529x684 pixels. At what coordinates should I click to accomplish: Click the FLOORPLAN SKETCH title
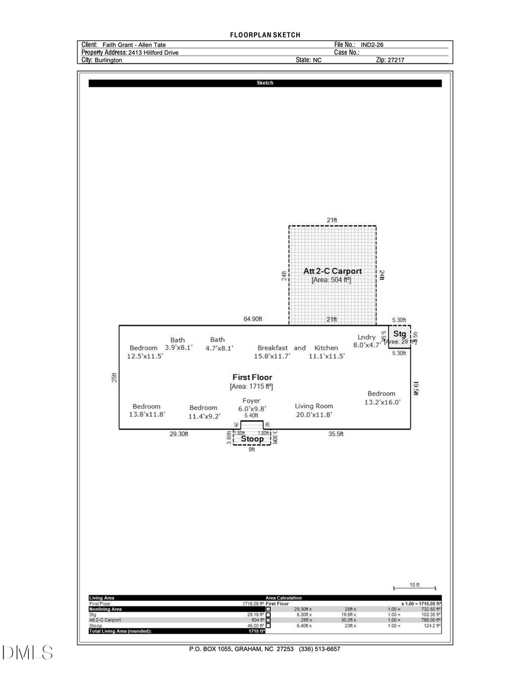pyautogui.click(x=265, y=35)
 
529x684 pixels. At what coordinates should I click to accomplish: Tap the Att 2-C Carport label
pyautogui.click(x=332, y=271)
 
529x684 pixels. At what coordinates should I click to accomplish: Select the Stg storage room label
pyautogui.click(x=400, y=334)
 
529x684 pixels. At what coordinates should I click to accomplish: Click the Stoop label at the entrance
pyautogui.click(x=253, y=439)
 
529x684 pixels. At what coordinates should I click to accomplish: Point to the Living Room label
pyautogui.click(x=313, y=406)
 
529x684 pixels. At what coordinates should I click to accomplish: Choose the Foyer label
pyautogui.click(x=251, y=401)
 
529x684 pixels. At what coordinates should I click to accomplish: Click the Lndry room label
pyautogui.click(x=366, y=337)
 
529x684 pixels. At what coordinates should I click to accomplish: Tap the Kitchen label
pyautogui.click(x=326, y=348)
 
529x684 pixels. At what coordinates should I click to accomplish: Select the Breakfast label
pyautogui.click(x=273, y=348)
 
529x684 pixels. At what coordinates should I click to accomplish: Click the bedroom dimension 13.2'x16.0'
pyautogui.click(x=383, y=402)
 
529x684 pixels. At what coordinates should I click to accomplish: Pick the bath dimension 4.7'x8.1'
pyautogui.click(x=219, y=348)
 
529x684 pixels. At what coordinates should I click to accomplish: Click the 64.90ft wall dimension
pyautogui.click(x=253, y=319)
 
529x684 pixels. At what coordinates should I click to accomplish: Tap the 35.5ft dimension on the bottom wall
pyautogui.click(x=336, y=434)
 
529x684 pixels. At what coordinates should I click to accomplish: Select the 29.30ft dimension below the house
pyautogui.click(x=179, y=434)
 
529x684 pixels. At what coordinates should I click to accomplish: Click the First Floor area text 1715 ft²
pyautogui.click(x=251, y=386)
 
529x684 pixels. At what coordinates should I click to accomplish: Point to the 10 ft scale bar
pyautogui.click(x=414, y=587)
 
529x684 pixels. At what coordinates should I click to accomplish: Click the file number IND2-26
pyautogui.click(x=372, y=45)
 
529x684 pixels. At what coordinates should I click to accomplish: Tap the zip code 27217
pyautogui.click(x=395, y=60)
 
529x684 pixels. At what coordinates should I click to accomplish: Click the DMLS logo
pyautogui.click(x=27, y=652)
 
